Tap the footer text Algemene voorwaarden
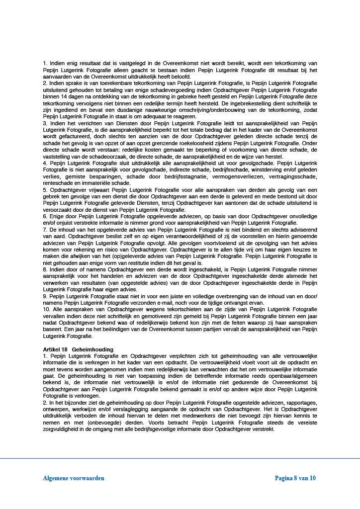pos(73,478)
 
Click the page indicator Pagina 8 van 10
pos(295,478)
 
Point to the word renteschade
pos(58,182)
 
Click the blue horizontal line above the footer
pos(180,458)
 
